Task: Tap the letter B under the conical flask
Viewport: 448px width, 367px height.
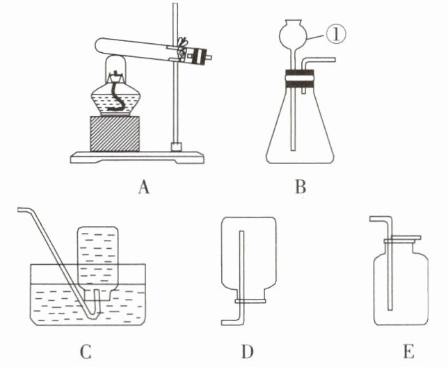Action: click(299, 186)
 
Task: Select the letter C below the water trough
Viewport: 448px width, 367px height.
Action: click(86, 352)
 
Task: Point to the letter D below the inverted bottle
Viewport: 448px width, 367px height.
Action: click(247, 352)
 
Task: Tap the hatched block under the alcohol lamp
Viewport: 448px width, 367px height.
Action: click(115, 133)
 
